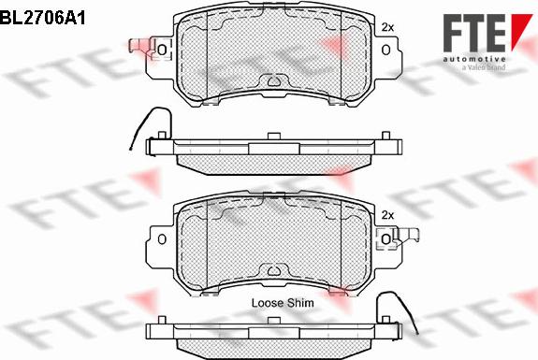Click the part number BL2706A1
pos(42,17)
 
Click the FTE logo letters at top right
pos(474,33)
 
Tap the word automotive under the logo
pos(474,59)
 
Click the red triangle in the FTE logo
pos(520,32)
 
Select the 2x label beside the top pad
pos(387,27)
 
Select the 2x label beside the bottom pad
pos(387,215)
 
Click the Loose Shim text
pos(283,303)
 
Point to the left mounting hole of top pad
pos(162,50)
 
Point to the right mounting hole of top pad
pos(386,50)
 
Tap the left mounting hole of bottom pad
pos(162,239)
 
